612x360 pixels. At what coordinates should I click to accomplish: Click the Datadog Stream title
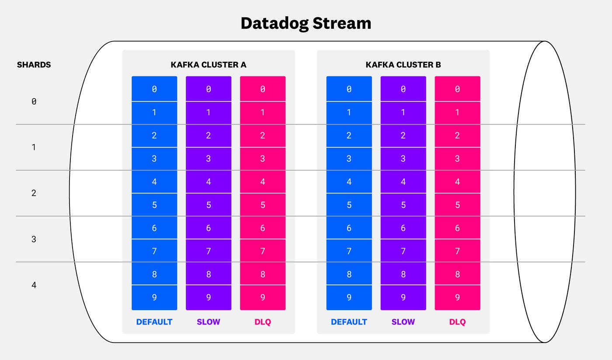[306, 23]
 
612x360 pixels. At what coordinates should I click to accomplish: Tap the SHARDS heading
[34, 65]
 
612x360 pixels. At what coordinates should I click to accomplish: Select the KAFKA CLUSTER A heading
[209, 65]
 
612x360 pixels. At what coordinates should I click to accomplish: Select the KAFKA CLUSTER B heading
[403, 65]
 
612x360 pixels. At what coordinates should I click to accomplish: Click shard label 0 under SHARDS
[34, 101]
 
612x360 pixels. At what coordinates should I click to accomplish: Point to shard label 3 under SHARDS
[34, 239]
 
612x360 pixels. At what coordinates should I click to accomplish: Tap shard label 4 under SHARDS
[34, 285]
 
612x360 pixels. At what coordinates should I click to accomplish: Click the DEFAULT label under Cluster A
[154, 322]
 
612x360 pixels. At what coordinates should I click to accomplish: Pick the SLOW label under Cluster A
[209, 322]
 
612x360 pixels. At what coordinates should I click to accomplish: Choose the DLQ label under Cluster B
[457, 322]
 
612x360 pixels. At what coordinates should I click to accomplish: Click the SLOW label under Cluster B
[403, 322]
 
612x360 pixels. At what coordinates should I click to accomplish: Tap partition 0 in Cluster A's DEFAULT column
[154, 89]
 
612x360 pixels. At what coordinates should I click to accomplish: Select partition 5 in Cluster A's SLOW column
[209, 204]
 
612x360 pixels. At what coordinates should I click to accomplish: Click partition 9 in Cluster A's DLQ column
[263, 298]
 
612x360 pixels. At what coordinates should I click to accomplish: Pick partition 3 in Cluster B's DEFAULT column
[349, 159]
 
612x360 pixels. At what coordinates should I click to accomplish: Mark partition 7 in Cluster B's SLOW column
[403, 251]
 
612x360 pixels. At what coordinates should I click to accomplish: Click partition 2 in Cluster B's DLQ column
[457, 135]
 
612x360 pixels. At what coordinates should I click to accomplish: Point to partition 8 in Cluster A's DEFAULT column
[154, 274]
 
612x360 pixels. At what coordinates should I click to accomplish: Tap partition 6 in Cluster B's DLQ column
[457, 228]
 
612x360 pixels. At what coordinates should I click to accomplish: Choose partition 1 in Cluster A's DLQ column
[263, 112]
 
